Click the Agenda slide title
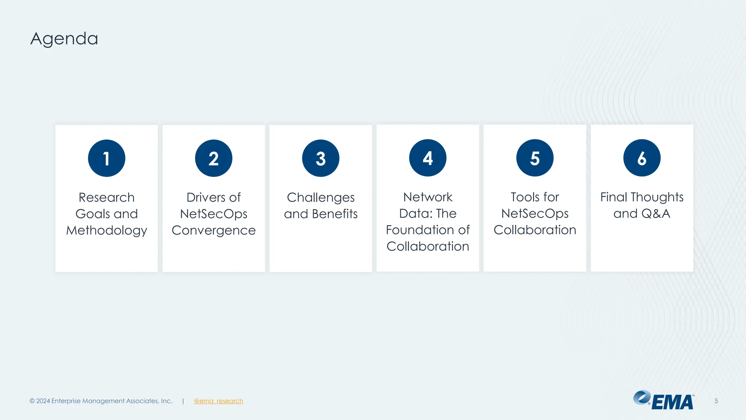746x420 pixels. coord(64,39)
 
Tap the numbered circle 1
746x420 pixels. coord(106,158)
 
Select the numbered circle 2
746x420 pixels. coord(213,158)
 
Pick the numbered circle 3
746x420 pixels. coord(321,158)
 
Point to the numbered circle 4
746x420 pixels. coord(428,158)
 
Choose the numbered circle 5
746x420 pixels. coord(535,158)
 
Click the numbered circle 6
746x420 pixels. coord(642,158)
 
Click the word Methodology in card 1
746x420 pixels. coord(107,230)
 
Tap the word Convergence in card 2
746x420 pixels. coord(213,230)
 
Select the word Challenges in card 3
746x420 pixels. coord(321,198)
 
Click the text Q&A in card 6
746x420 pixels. coord(656,214)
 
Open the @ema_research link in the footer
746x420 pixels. coord(219,401)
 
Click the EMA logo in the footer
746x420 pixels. coord(664,400)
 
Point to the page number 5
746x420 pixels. coord(716,401)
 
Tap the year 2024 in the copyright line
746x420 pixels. coord(43,401)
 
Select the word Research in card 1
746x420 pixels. coord(107,198)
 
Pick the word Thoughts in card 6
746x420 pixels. coord(657,197)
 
